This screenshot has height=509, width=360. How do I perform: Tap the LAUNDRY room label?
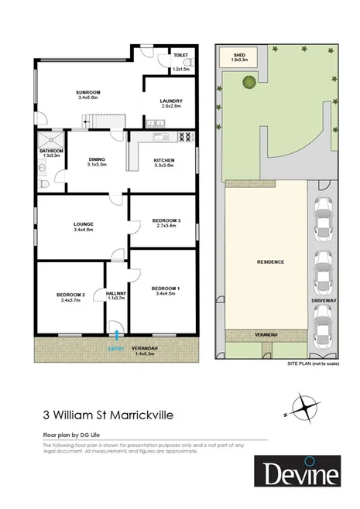point(170,101)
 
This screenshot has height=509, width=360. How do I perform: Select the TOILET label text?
point(181,56)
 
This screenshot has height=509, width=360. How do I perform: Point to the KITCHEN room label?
point(164,160)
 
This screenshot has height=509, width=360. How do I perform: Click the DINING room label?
point(97,159)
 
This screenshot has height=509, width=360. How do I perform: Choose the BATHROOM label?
point(50,151)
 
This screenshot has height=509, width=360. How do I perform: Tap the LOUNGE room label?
point(83,224)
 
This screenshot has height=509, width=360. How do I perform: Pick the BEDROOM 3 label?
point(168,221)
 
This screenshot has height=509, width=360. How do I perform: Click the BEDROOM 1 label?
point(167,289)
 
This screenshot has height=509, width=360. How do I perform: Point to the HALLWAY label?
point(116,294)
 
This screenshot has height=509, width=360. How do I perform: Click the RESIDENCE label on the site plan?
point(270,261)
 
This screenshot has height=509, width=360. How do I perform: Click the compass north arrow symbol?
point(303,405)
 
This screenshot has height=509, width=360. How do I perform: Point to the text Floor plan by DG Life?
point(77,436)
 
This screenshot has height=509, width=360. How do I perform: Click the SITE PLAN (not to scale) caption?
point(313,363)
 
